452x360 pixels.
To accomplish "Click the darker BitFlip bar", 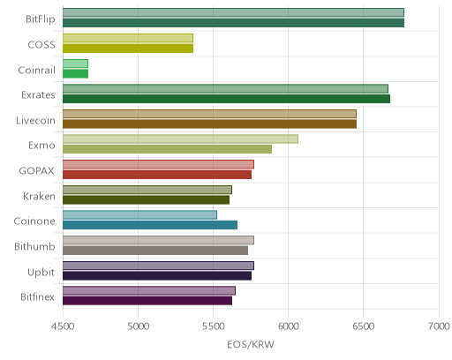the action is click(233, 23).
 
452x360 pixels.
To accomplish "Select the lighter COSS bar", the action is click(128, 38).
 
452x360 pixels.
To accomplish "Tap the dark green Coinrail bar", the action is click(75, 74).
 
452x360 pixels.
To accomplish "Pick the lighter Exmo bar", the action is click(180, 139).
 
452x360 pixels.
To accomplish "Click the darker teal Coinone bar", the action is click(150, 225).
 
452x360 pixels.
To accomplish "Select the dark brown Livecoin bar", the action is click(209, 124).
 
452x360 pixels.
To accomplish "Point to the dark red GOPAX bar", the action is click(157, 175).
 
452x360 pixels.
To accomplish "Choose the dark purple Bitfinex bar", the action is click(147, 301).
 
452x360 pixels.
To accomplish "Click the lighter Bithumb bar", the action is click(158, 240).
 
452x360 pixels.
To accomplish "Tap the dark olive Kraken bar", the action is click(146, 200).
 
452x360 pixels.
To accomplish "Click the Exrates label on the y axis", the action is click(38, 95).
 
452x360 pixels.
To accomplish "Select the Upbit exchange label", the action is click(41, 273).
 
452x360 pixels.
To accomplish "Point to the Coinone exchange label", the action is click(34, 221).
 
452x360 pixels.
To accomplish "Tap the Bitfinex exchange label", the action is click(37, 296).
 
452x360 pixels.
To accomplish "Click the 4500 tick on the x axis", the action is click(63, 326).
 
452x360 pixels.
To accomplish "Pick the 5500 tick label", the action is click(213, 326).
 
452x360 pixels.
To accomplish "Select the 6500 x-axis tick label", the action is click(363, 326).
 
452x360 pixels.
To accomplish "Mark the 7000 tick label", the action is click(439, 326).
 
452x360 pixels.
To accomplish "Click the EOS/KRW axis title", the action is click(251, 344).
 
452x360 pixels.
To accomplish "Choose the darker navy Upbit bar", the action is click(157, 275).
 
